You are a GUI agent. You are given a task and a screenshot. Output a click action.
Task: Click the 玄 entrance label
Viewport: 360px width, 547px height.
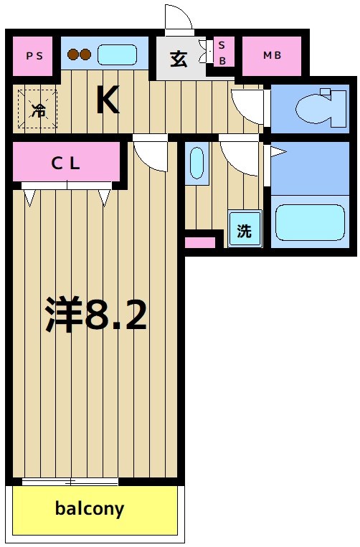[179, 59]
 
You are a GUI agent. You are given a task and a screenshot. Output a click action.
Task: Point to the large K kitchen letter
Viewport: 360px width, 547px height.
[108, 101]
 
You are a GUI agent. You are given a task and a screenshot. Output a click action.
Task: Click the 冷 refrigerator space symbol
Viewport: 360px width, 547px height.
[37, 111]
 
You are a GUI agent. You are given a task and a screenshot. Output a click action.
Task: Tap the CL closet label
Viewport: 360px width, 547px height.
[65, 162]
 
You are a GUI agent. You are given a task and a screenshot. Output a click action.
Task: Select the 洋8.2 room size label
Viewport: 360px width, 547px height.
[96, 315]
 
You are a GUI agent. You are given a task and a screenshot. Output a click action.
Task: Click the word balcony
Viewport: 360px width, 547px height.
[90, 510]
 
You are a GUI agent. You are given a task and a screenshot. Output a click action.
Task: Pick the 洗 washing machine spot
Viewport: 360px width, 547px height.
[245, 231]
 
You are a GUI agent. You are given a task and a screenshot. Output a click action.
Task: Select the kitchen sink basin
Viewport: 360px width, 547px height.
[117, 54]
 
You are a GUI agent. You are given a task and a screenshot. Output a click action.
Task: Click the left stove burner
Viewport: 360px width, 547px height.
[73, 54]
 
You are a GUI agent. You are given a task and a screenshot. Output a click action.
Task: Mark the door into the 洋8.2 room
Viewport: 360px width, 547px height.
[149, 153]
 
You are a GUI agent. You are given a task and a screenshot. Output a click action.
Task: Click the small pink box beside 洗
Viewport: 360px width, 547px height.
[200, 242]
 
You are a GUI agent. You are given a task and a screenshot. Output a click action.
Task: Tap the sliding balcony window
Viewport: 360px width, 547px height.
[70, 481]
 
